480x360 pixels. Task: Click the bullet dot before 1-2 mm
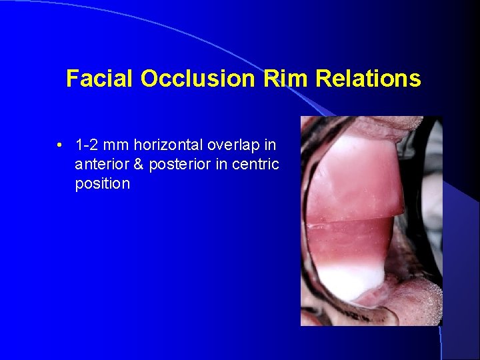point(61,145)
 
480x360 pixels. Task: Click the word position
point(102,183)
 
